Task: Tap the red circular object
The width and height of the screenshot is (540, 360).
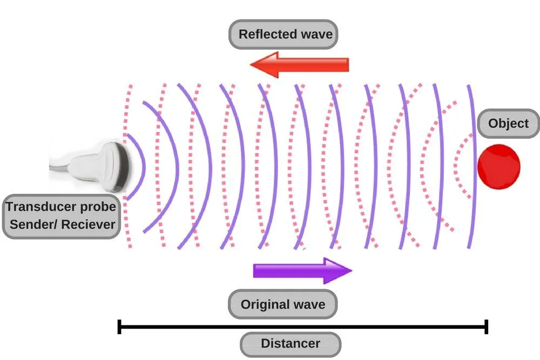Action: click(x=498, y=167)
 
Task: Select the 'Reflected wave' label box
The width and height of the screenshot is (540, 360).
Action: click(x=286, y=35)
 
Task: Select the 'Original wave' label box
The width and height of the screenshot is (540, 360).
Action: click(x=282, y=304)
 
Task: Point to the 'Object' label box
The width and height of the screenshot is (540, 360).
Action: click(x=508, y=124)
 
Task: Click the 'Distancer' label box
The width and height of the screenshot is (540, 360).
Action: click(x=290, y=344)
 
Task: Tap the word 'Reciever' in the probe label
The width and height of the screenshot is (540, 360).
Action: click(x=87, y=224)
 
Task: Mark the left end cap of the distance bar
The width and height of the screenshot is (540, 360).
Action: click(x=119, y=327)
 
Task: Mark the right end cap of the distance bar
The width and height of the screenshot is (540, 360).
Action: click(x=487, y=327)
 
